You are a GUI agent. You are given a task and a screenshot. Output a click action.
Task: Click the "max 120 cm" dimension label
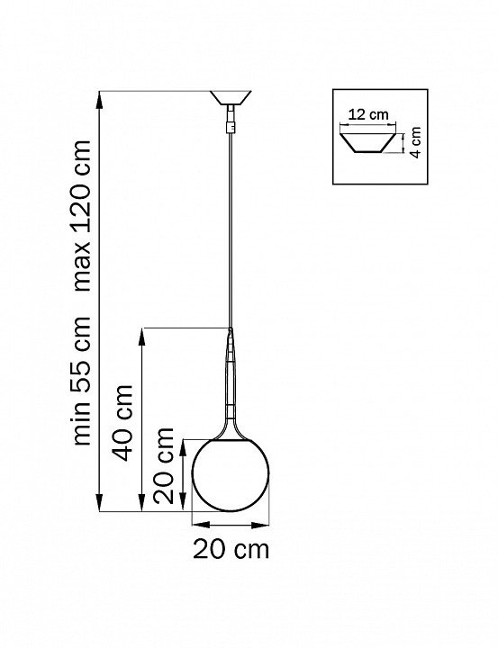[81, 215]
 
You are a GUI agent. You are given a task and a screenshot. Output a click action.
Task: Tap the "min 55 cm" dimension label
[81, 381]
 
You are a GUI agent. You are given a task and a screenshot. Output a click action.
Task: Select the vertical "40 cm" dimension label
[123, 423]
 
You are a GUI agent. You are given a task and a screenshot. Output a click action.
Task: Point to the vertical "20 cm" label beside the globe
[163, 466]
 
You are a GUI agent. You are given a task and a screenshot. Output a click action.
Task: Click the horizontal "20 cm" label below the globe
[231, 549]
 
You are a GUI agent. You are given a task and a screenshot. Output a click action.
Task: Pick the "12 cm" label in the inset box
[368, 114]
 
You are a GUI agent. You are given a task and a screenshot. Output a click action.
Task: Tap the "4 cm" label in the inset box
[415, 142]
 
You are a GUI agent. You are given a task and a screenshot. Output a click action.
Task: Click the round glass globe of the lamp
[231, 475]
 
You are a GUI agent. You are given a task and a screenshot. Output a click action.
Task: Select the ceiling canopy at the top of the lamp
[231, 97]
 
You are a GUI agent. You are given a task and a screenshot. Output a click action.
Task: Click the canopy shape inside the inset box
[367, 143]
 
